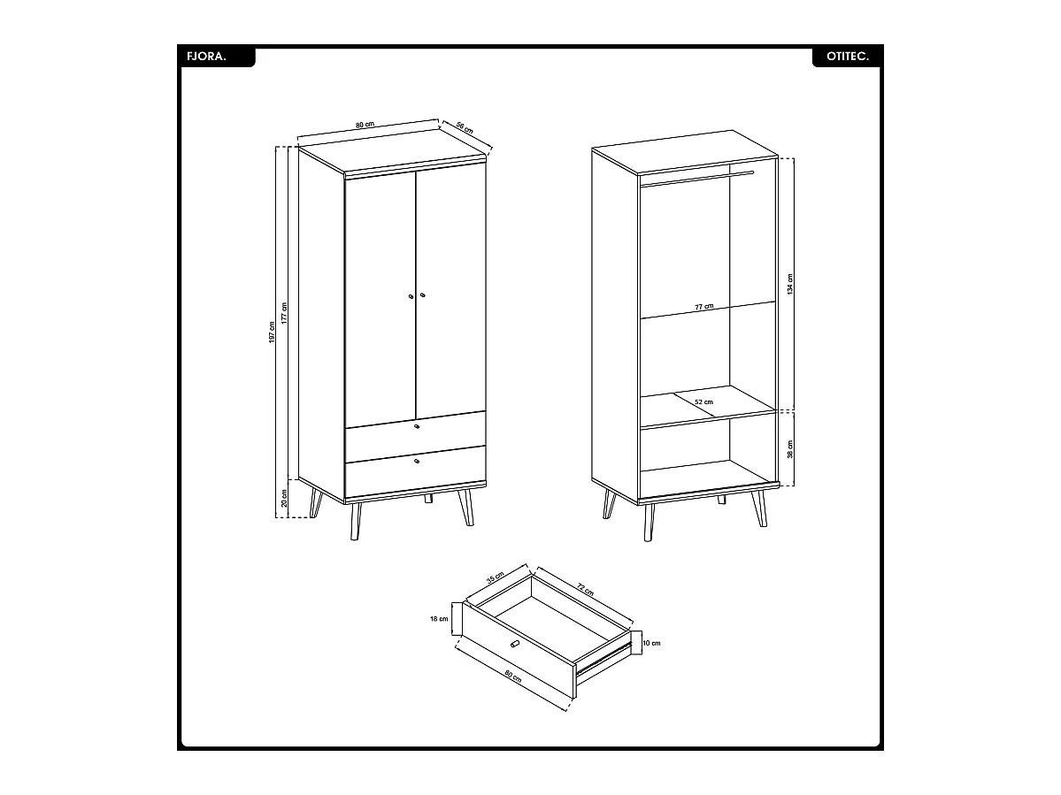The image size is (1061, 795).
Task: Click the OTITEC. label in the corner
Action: [848, 57]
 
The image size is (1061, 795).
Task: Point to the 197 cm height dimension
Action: [273, 333]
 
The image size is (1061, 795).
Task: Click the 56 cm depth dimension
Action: [465, 126]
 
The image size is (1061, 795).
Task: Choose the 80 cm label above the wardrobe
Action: [364, 126]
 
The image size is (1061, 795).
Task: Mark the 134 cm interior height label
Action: [790, 284]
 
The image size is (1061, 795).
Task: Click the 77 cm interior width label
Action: [703, 307]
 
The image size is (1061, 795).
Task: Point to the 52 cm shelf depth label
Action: [703, 402]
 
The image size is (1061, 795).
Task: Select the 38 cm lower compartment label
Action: [790, 448]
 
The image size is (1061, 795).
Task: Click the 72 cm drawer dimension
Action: [585, 588]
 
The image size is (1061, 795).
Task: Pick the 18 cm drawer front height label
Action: [440, 619]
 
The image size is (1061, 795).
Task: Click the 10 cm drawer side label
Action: [651, 643]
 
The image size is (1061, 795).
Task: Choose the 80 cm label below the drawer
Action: [511, 679]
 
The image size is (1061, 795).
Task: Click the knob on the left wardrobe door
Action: [411, 297]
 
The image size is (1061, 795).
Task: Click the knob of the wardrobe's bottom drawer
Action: [417, 460]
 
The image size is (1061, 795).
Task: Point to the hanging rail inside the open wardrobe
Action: [695, 180]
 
